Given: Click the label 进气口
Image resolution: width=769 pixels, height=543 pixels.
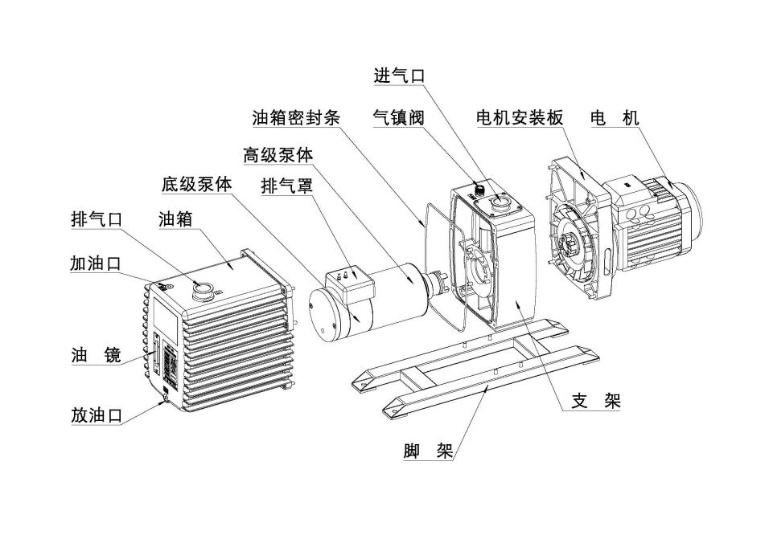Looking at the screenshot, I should (398, 76).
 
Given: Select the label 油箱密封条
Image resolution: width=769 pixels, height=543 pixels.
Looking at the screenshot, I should (295, 117).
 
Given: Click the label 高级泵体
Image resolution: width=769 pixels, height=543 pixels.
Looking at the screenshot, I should (278, 153).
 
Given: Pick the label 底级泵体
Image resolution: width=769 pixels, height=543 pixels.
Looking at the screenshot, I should (196, 184).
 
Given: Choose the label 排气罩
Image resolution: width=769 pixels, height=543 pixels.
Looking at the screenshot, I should (286, 186).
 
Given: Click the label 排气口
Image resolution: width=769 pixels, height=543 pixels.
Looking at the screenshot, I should (96, 218).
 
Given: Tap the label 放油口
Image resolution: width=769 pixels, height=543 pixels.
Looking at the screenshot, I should (96, 414).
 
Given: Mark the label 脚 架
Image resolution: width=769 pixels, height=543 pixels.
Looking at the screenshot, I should (428, 451).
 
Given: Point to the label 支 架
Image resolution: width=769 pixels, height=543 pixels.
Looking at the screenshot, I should (596, 401).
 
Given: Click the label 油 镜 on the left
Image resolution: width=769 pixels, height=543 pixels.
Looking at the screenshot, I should (96, 354).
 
